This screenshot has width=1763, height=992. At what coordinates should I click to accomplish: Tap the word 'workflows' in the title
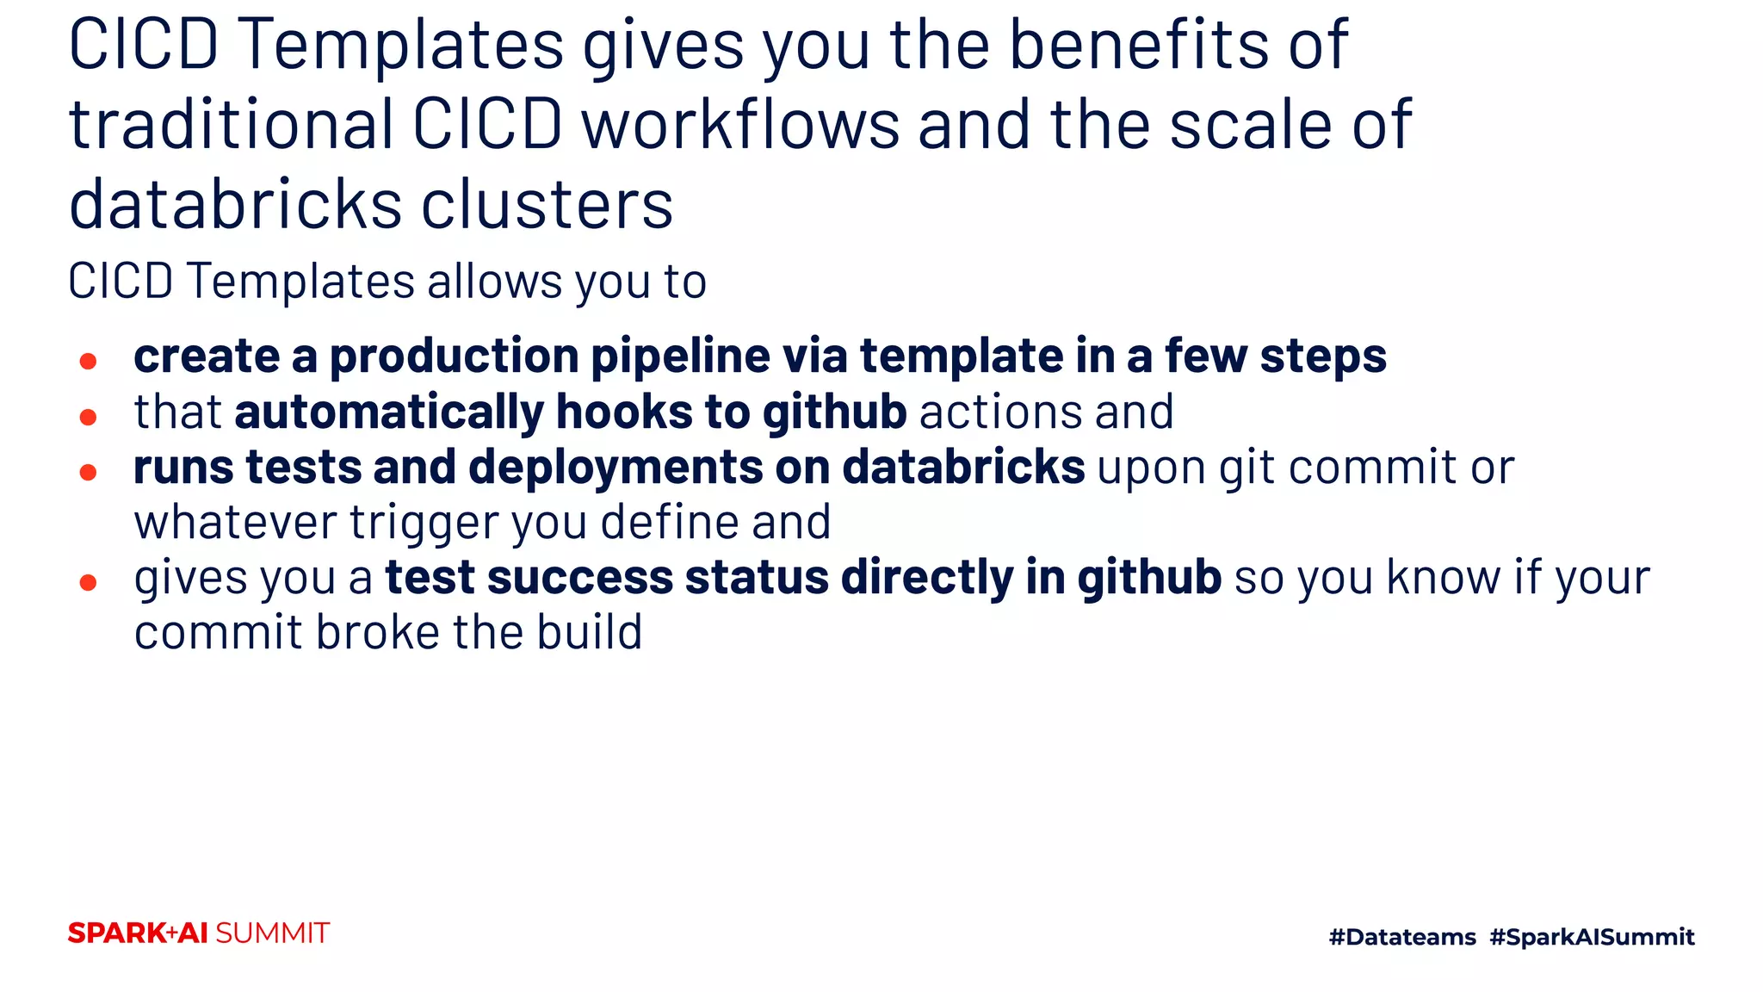click(740, 125)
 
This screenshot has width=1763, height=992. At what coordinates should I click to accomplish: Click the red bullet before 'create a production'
click(88, 361)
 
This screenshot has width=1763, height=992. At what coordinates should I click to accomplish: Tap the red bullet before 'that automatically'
click(88, 418)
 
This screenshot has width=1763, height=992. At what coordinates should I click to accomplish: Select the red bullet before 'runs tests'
click(88, 472)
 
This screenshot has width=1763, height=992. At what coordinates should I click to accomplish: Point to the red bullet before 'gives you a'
click(88, 583)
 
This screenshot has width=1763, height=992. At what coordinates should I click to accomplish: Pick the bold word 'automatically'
click(389, 412)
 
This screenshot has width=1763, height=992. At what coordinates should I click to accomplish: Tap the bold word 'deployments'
click(616, 467)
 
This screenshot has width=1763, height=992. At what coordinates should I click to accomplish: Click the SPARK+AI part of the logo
click(138, 933)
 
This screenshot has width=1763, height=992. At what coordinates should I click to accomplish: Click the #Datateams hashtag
click(1402, 937)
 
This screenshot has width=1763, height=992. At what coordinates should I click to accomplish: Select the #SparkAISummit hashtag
click(1592, 937)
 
